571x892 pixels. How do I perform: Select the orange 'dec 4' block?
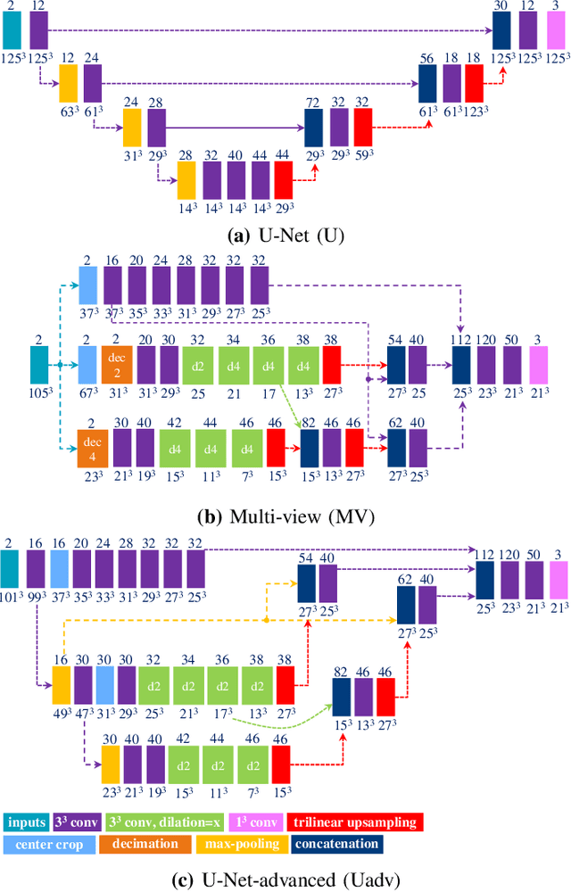tap(88, 448)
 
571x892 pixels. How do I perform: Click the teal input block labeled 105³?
tap(38, 364)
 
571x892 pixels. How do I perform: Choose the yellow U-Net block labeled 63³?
tap(69, 82)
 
